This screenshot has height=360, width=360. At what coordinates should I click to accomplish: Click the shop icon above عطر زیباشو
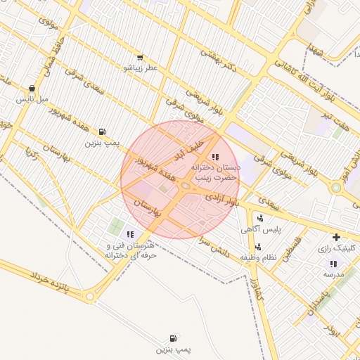(x=140, y=58)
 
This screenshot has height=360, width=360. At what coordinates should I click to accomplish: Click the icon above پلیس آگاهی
(x=260, y=218)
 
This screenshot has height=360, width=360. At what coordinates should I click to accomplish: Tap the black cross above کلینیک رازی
(x=337, y=237)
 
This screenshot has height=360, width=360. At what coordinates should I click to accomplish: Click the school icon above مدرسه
(x=333, y=263)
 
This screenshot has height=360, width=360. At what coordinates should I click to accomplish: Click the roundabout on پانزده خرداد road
(x=89, y=297)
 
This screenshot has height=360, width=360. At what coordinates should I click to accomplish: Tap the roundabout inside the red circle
(x=185, y=186)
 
